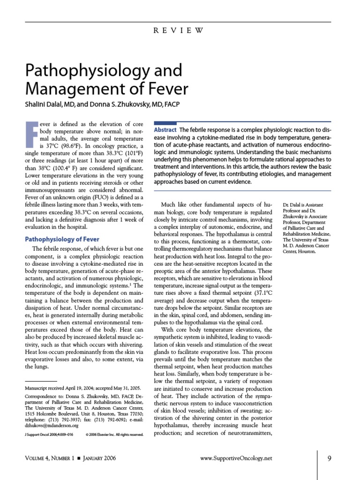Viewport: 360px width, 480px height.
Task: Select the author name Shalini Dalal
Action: (x=45, y=104)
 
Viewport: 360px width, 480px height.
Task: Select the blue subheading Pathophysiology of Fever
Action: (x=62, y=239)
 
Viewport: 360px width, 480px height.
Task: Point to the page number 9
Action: (x=330, y=458)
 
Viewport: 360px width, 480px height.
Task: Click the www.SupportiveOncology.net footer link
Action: (x=236, y=458)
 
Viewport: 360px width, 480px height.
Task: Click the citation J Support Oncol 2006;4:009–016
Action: (x=49, y=435)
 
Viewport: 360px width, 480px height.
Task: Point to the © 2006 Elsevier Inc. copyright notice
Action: (x=114, y=435)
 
